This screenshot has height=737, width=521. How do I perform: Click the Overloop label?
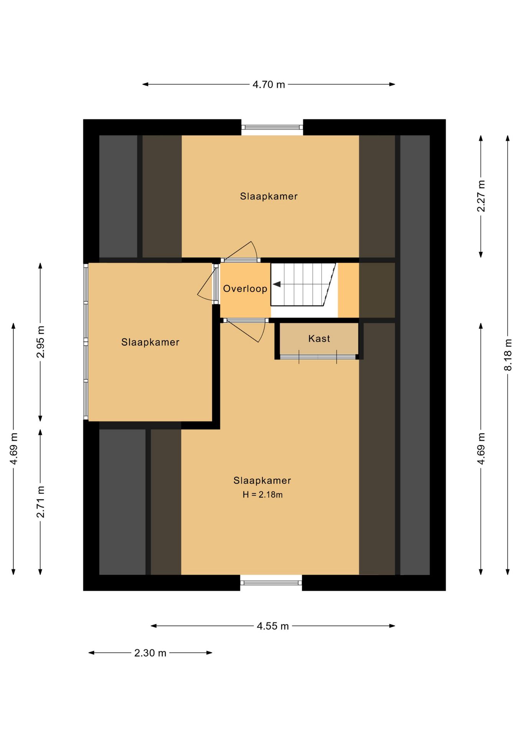[245, 289]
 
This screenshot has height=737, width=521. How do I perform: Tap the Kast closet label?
[319, 339]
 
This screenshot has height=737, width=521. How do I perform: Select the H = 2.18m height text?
[262, 495]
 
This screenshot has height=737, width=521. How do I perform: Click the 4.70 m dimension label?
[269, 84]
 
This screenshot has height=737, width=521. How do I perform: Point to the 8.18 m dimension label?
[508, 355]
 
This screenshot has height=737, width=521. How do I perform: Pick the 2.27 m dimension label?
[481, 196]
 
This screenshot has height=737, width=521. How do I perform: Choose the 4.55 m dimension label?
[272, 626]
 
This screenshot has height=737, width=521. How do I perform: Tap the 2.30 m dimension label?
[150, 653]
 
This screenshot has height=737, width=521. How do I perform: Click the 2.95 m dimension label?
[40, 342]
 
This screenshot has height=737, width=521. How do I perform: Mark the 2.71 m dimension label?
[40, 502]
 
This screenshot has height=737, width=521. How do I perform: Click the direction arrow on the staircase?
[277, 284]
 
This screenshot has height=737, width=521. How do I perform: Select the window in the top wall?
[272, 127]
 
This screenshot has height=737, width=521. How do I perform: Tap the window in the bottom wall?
[271, 583]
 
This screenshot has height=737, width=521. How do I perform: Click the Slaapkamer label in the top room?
[269, 197]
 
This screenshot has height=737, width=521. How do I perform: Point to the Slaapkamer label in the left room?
[150, 342]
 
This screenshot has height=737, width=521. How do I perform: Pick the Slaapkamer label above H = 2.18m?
[262, 481]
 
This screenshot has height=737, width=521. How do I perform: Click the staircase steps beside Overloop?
[303, 284]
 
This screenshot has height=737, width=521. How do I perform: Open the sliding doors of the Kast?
[318, 357]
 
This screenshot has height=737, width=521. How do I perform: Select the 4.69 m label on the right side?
[481, 449]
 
